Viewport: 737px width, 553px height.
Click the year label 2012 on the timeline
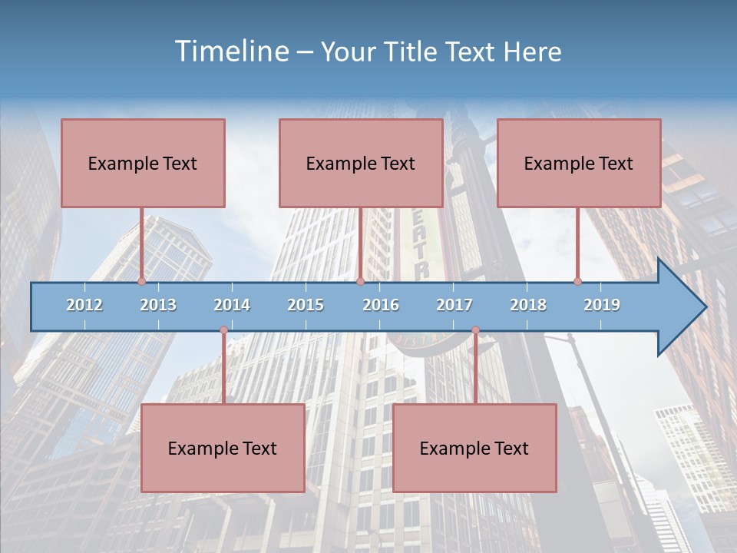click(x=84, y=305)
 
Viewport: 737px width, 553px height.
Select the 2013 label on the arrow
click(x=158, y=305)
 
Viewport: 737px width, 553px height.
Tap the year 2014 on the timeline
click(x=232, y=305)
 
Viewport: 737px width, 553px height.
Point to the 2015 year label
click(x=306, y=305)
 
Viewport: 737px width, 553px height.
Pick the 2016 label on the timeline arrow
click(x=381, y=305)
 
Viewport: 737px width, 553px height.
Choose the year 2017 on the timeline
click(x=454, y=305)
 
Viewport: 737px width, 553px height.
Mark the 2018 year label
click(x=528, y=305)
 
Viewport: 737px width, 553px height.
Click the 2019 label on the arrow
click(x=602, y=305)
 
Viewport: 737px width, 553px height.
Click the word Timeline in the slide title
click(x=230, y=51)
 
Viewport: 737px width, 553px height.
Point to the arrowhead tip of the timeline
click(x=704, y=307)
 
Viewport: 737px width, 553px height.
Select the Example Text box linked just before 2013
click(x=143, y=163)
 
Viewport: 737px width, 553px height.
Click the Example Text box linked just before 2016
click(x=361, y=163)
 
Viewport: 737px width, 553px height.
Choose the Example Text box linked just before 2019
click(x=579, y=163)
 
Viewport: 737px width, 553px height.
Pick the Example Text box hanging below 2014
click(x=223, y=448)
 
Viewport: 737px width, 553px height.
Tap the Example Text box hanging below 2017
click(x=474, y=448)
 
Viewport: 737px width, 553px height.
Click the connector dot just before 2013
click(x=141, y=282)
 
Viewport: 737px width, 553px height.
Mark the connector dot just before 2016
click(x=360, y=282)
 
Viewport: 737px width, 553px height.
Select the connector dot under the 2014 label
click(x=223, y=330)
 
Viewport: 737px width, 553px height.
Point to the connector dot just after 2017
click(x=475, y=330)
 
